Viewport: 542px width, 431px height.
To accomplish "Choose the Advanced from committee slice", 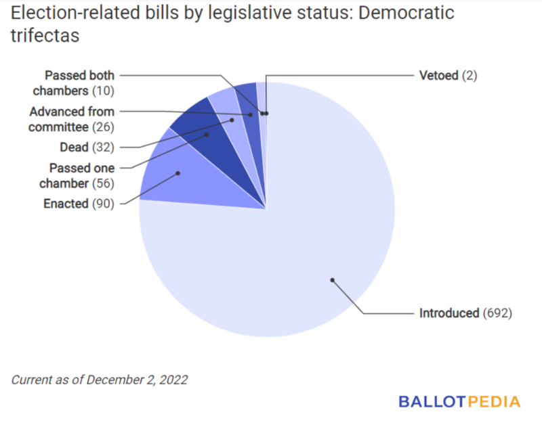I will click(249, 108).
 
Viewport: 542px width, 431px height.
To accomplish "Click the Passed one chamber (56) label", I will click(81, 175).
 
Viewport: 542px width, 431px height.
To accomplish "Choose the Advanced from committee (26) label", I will click(72, 118).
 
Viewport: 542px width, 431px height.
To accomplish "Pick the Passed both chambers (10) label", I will click(79, 83).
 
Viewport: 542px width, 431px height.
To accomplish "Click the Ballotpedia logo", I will click(459, 402).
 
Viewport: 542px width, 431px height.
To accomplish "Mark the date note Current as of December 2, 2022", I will click(100, 380).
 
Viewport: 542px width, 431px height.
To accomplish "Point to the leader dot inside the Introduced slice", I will click(332, 279).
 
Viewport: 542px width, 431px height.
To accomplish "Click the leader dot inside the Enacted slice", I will click(178, 173).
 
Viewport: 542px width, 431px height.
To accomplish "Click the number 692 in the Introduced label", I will click(497, 313).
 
